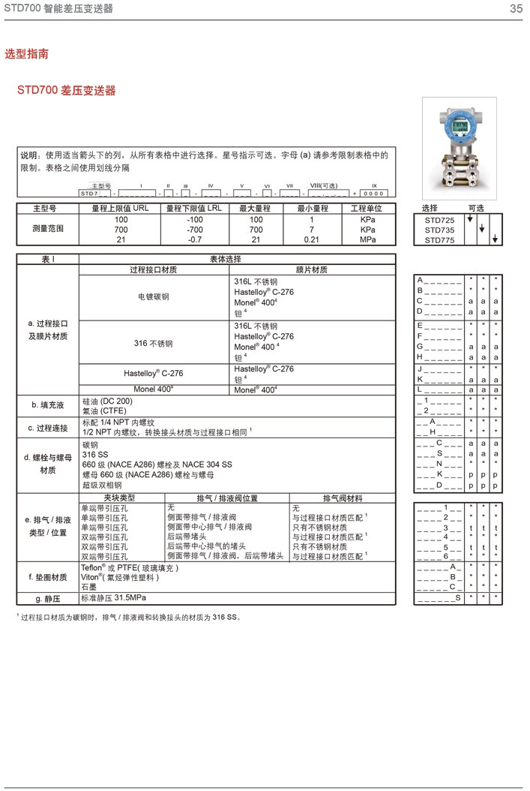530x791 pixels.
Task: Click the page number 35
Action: (x=516, y=9)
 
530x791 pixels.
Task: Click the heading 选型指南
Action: (x=27, y=54)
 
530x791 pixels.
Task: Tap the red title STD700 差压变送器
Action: (x=67, y=91)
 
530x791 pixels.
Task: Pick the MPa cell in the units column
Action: (x=367, y=239)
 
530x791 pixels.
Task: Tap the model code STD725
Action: (x=439, y=220)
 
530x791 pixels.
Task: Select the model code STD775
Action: (x=439, y=239)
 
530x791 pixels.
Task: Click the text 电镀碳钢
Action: (x=153, y=296)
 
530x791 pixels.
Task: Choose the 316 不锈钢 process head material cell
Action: (x=153, y=343)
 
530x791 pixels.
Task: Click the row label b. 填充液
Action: (x=47, y=405)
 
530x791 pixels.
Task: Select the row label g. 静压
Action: (x=47, y=598)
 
